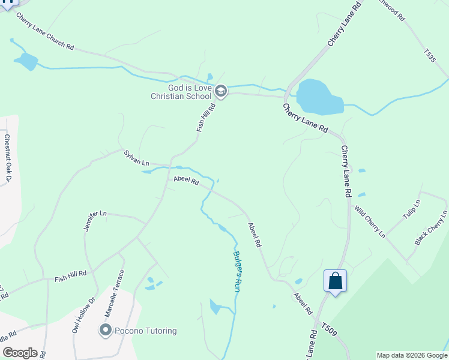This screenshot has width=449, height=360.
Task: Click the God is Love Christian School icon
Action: point(220,91)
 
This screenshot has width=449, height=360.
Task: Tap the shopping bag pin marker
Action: point(335,281)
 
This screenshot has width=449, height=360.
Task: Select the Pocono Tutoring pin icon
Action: point(106,330)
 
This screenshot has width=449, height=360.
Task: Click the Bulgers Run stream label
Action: point(237,271)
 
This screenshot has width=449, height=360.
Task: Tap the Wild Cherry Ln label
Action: point(369,221)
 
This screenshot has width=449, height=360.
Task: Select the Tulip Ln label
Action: point(412,209)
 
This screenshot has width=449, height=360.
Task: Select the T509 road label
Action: point(328,328)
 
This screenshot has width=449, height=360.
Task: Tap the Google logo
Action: point(20,353)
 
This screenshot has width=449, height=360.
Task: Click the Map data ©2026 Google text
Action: point(412,355)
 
